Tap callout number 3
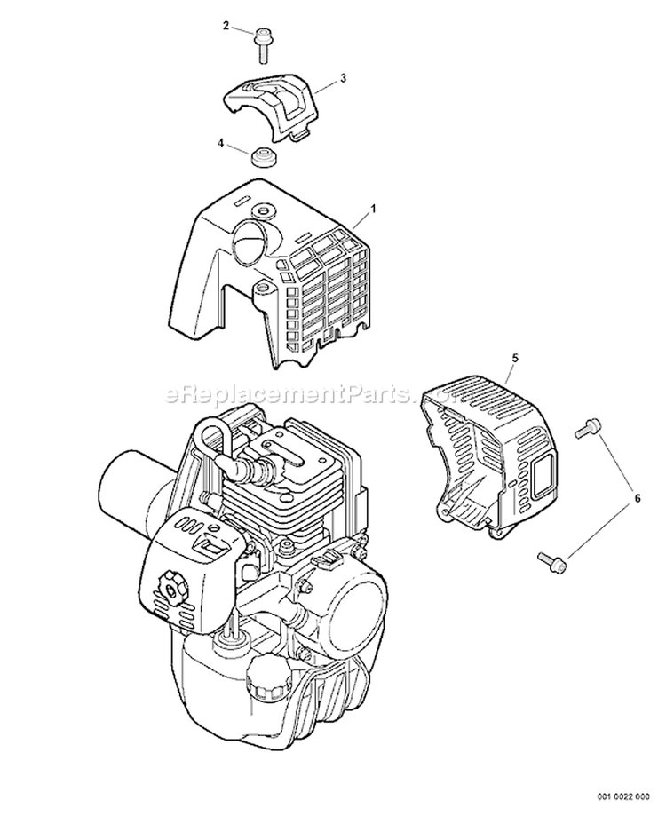tap(343, 78)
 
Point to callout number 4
tap(221, 141)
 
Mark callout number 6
tap(635, 499)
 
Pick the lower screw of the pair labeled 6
tap(550, 559)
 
